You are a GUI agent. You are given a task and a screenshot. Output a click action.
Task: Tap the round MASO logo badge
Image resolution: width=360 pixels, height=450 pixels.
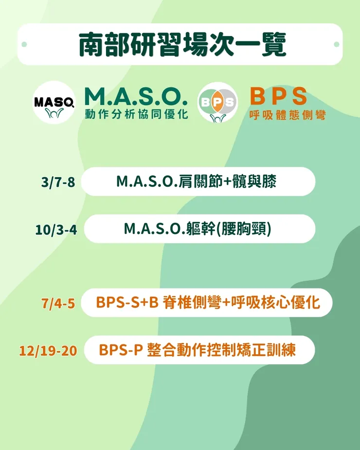54,103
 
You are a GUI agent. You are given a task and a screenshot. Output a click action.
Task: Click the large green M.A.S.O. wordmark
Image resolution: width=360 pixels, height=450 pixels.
136,97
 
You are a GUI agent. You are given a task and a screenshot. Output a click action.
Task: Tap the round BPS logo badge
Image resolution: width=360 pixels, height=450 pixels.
217,103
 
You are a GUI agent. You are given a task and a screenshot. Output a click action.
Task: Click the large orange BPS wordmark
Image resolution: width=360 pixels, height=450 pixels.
279,96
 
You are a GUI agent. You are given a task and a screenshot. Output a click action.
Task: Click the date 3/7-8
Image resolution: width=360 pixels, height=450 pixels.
58,182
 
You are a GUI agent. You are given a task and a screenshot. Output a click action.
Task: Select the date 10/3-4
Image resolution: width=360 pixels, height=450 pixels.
56,230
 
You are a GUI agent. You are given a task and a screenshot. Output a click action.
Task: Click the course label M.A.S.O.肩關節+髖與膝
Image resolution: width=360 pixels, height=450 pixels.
196,181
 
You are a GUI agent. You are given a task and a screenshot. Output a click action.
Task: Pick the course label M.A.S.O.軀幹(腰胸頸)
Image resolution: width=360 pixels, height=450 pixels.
197,229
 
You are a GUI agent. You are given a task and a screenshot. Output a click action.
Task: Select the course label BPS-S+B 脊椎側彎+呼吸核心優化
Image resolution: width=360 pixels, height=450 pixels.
208,303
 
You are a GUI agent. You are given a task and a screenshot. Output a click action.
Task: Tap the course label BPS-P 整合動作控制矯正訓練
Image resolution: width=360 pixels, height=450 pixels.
197,350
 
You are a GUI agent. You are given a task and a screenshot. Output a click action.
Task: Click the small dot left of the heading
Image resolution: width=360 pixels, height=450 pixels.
24,45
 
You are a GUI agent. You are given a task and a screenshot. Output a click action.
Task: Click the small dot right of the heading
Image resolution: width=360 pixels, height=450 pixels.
336,45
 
